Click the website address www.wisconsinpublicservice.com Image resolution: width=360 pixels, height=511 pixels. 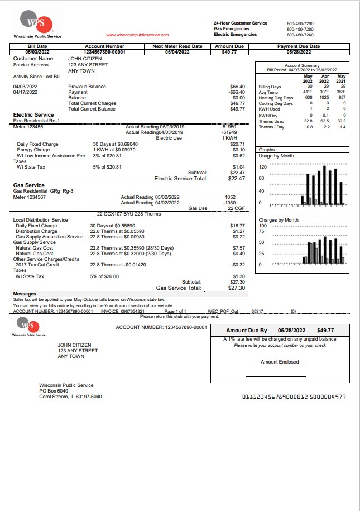137,35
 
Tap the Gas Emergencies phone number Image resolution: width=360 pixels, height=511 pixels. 300,28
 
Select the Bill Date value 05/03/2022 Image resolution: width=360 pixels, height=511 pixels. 37,52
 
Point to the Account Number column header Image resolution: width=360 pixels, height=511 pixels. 104,47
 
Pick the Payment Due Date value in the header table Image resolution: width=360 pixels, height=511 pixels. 299,52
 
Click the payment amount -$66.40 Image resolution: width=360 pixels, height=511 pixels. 238,92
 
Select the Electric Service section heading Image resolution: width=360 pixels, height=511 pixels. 33,115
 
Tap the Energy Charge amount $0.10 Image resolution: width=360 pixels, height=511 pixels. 239,150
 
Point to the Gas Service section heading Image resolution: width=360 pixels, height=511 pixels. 28,185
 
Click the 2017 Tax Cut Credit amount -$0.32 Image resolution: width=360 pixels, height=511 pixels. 238,265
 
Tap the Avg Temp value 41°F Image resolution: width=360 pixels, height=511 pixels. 308,92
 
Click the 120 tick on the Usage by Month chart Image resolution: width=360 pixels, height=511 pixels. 262,167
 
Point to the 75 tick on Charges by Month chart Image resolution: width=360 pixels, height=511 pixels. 262,231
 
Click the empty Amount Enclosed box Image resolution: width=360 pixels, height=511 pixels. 276,371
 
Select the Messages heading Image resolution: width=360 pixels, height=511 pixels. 25,294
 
